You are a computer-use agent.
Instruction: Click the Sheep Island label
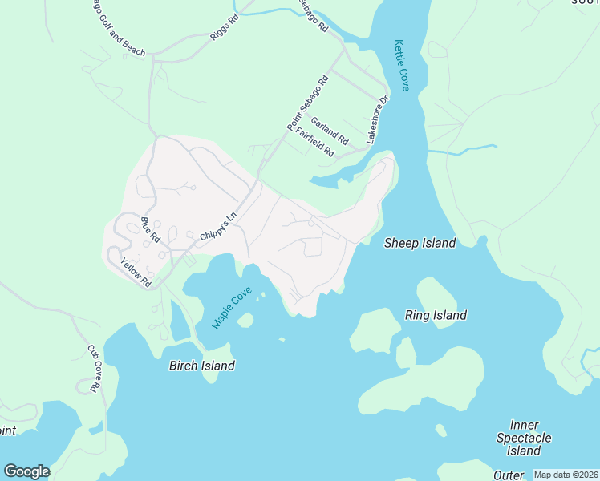point(420,243)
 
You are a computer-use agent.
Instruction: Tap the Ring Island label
point(436,315)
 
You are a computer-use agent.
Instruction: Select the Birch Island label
point(201,366)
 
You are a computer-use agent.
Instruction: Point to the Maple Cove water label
point(232,308)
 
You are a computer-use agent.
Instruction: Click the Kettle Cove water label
point(401,65)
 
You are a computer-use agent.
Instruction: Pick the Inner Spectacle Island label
point(524,438)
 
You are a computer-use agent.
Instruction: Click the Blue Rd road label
point(151,230)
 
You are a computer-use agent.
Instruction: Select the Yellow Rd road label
point(136,272)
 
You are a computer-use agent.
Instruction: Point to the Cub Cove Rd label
point(94,369)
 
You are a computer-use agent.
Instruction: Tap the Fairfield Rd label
point(314,142)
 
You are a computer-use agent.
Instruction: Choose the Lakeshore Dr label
point(377,120)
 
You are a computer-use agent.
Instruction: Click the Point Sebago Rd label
point(308,104)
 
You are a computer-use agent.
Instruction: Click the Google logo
point(26,471)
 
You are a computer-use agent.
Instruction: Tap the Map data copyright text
point(566,475)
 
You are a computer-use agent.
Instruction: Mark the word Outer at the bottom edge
point(509,475)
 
